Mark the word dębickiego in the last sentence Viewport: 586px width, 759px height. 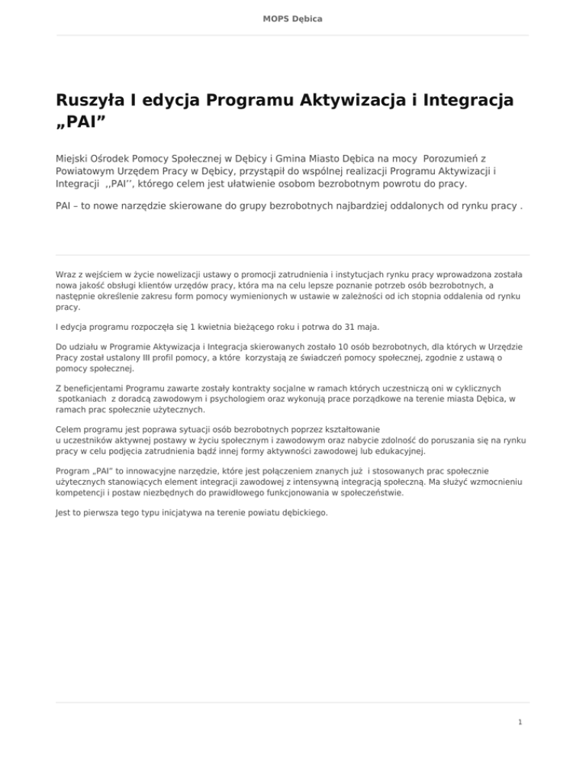click(304, 512)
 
